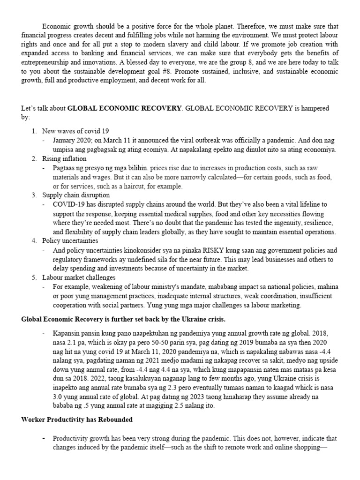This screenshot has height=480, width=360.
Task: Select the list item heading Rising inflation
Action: pyautogui.click(x=64, y=159)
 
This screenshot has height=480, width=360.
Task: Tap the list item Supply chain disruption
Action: pyautogui.click(x=76, y=195)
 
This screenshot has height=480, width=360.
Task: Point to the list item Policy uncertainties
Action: pyautogui.click(x=70, y=240)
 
